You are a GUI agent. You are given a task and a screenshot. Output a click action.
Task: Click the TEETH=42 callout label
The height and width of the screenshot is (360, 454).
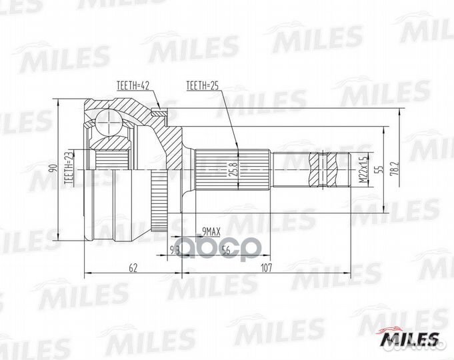133,85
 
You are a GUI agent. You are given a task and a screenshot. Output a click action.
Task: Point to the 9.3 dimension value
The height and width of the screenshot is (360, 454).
175,251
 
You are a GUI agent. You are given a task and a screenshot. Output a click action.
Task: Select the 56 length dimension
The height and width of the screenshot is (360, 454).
225,251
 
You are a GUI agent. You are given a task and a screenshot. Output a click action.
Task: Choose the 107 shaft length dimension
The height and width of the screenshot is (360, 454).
267,269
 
